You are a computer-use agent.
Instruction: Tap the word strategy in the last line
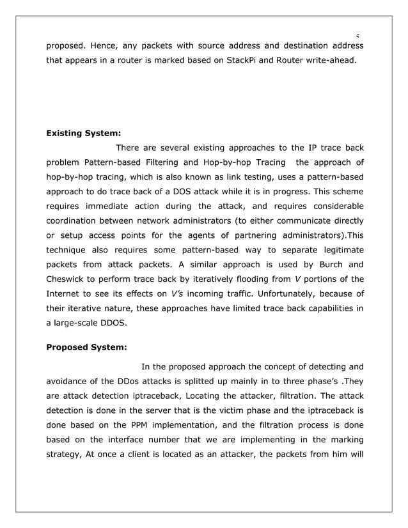[66, 455]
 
